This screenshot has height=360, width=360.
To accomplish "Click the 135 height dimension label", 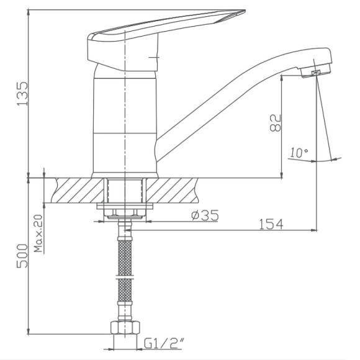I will click(x=23, y=92).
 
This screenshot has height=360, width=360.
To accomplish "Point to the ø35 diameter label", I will click(x=204, y=216).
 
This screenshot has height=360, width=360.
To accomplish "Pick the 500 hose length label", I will click(x=23, y=254).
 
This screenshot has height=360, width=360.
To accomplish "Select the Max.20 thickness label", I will click(x=38, y=234).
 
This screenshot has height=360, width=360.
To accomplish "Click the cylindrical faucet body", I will click(x=125, y=124).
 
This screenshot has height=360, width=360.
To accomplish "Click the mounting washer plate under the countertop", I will click(x=125, y=207).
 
